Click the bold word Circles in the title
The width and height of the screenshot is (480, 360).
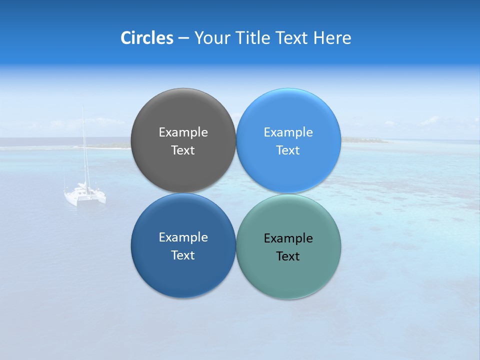click(x=146, y=38)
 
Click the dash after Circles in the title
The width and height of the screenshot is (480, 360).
click(x=183, y=38)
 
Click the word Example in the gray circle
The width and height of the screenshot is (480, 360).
click(x=183, y=132)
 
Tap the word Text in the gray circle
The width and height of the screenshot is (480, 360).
click(x=183, y=150)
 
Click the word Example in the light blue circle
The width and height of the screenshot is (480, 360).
click(x=288, y=132)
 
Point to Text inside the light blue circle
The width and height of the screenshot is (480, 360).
click(x=288, y=150)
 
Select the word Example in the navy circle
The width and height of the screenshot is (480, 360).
click(x=183, y=237)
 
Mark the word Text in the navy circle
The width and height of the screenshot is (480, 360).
click(x=183, y=255)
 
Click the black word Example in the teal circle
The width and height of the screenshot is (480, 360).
click(x=288, y=238)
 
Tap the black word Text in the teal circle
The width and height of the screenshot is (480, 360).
click(x=288, y=256)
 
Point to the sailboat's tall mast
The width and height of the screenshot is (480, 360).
click(x=83, y=145)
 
